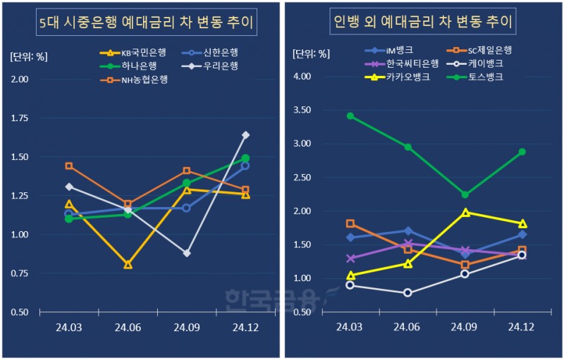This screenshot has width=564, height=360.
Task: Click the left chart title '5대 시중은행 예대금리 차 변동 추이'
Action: point(145,25)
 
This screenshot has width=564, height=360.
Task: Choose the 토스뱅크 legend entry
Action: point(477,77)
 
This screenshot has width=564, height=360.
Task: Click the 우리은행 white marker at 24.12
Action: point(245,135)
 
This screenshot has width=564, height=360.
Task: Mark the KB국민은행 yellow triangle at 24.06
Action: point(128,264)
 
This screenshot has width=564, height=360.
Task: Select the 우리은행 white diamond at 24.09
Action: point(187,253)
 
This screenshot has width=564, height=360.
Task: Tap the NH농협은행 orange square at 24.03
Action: point(69,166)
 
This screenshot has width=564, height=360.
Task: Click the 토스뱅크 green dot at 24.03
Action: point(350,116)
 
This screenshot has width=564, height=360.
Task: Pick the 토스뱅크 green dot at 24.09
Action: point(465,194)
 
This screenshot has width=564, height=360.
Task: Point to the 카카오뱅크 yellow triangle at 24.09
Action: point(465,211)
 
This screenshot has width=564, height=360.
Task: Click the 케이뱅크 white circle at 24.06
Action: point(407,292)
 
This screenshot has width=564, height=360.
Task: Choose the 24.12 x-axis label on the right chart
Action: point(522,327)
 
